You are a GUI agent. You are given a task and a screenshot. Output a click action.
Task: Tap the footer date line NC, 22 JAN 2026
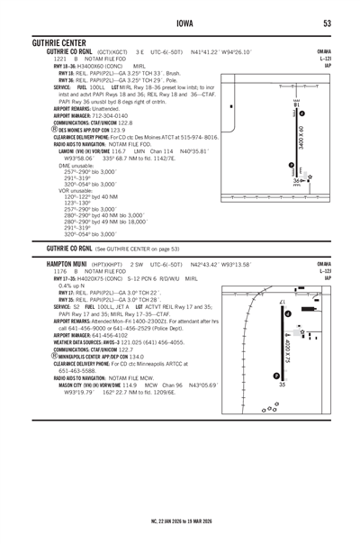coord(180,520)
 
